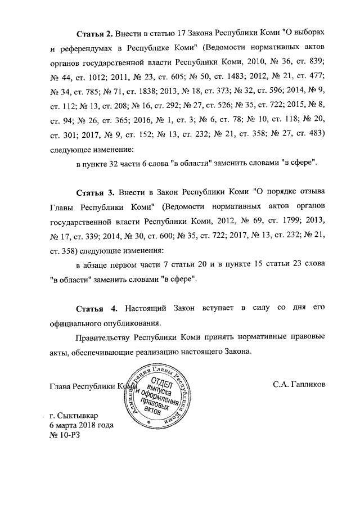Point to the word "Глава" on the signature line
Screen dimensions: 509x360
[x=61, y=386]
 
